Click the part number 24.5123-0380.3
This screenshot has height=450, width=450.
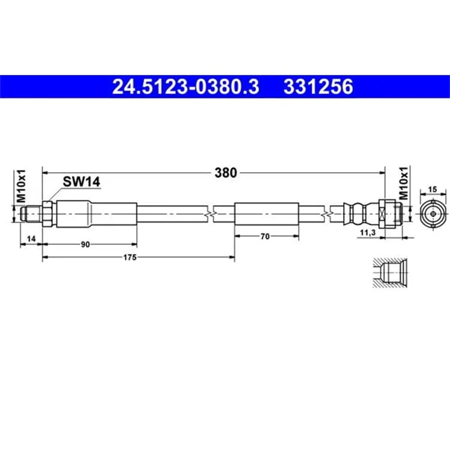(185, 86)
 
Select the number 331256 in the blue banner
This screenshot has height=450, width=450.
(318, 86)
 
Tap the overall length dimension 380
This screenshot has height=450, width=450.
(226, 173)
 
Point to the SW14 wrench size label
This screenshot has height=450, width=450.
(82, 182)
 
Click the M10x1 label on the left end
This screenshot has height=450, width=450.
(21, 186)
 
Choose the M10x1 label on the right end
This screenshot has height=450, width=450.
(403, 183)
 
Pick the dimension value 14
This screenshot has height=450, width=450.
(31, 238)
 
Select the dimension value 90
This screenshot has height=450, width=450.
(85, 245)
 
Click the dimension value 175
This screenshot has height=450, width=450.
(130, 257)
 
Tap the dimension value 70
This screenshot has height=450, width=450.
(265, 236)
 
